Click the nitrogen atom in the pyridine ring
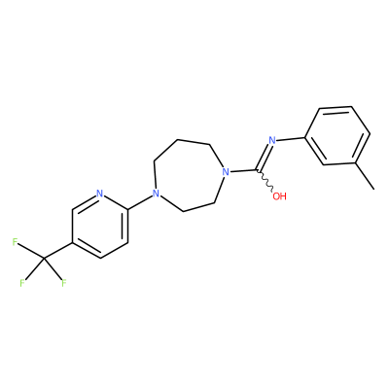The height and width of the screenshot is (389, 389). tap(100, 194)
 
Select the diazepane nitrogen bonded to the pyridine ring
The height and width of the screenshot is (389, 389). tap(156, 194)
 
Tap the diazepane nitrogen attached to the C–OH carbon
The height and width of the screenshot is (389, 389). tap(226, 171)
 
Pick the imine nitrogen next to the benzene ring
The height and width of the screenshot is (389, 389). tap(272, 140)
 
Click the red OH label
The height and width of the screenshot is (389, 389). tap(279, 196)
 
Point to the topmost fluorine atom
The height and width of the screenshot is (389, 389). tap(15, 242)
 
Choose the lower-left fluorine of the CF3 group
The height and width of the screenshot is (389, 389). tap(22, 283)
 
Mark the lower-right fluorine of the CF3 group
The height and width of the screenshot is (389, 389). tap(64, 283)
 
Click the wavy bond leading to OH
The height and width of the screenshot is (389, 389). tap(265, 180)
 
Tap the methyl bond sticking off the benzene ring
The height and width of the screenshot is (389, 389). tap(365, 176)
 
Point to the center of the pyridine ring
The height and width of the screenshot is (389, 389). tap(100, 226)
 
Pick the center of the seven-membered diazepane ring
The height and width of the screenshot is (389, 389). tap(187, 175)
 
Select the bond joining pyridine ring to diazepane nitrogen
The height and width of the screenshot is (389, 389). tap(140, 201)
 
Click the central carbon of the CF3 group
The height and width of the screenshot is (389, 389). tap(44, 259)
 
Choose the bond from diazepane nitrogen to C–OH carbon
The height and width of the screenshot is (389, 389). tap(243, 170)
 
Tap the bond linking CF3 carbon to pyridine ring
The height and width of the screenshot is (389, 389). tap(58, 250)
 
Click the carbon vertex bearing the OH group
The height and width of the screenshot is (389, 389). tap(257, 170)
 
